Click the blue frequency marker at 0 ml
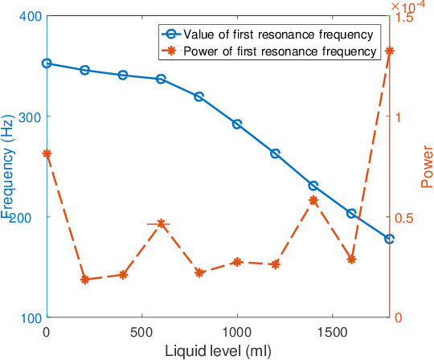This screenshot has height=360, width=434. pyautogui.click(x=47, y=63)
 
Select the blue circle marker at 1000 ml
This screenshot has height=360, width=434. pyautogui.click(x=237, y=124)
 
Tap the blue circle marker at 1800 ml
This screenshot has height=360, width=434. pyautogui.click(x=390, y=239)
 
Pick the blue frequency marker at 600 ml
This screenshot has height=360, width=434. pyautogui.click(x=161, y=79)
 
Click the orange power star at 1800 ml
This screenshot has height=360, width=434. pyautogui.click(x=390, y=51)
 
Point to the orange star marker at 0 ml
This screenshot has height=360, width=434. pyautogui.click(x=47, y=153)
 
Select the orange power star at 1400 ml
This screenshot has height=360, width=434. pyautogui.click(x=313, y=200)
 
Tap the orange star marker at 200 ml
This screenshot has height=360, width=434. pyautogui.click(x=84, y=280)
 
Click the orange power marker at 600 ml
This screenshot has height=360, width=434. pyautogui.click(x=161, y=223)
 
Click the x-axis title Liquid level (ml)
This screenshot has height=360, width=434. pyautogui.click(x=218, y=350)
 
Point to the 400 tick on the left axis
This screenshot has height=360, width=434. pyautogui.click(x=29, y=16)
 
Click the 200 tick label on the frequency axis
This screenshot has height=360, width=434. pyautogui.click(x=29, y=217)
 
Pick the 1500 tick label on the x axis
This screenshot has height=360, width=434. pyautogui.click(x=332, y=331)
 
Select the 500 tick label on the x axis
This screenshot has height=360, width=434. pyautogui.click(x=141, y=331)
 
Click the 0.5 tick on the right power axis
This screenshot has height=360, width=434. pyautogui.click(x=404, y=217)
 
